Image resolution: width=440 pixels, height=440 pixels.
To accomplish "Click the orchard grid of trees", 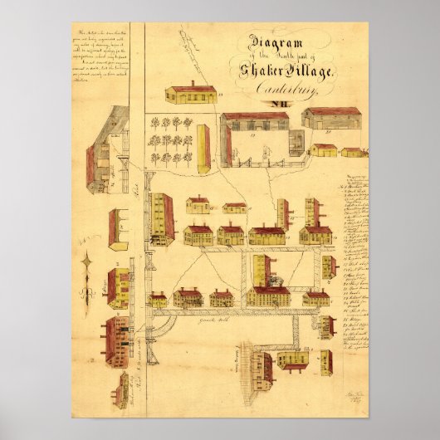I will (x=170, y=139).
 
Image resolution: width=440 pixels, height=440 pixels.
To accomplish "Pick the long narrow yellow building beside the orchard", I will (x=203, y=149).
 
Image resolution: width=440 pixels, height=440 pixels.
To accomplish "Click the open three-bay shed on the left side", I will (x=118, y=229).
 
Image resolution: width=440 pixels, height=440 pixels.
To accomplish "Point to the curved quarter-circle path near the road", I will (x=160, y=322).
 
